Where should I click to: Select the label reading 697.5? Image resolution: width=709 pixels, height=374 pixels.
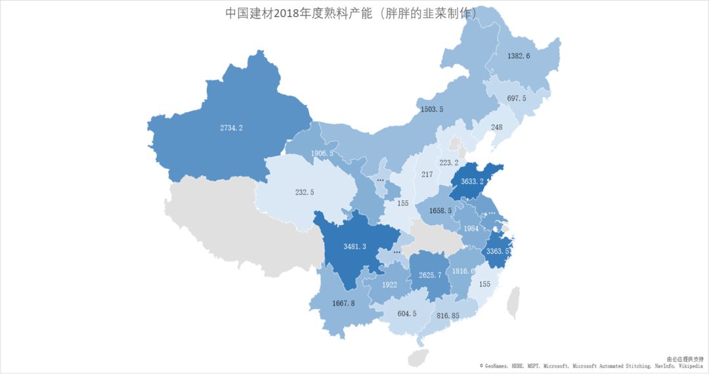point(516,98)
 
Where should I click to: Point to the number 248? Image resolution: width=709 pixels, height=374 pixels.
point(496,127)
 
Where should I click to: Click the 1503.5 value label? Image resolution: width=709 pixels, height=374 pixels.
point(431,109)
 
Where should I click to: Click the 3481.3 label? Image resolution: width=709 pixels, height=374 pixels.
point(354,246)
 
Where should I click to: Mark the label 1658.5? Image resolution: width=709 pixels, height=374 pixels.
point(440,211)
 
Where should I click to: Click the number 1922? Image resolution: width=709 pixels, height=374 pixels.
point(389,285)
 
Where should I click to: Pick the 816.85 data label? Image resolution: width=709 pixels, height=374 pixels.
point(448,315)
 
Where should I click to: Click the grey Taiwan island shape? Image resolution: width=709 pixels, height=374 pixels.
point(513,302)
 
